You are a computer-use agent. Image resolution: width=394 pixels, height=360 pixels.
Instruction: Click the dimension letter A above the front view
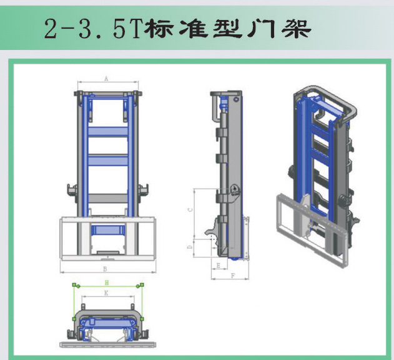pos(106,79)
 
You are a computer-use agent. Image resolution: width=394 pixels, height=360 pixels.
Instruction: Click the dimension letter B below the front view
pos(104,269)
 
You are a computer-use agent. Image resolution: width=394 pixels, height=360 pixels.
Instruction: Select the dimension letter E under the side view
pos(217,266)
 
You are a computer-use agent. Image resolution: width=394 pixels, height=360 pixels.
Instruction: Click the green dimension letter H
pos(106,283)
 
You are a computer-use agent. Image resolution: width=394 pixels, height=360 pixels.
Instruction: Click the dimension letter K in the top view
pos(106,292)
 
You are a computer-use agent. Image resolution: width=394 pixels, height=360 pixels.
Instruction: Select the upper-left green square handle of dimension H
pos(76,285)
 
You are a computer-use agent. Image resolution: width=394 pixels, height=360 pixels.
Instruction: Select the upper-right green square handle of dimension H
pos(137,285)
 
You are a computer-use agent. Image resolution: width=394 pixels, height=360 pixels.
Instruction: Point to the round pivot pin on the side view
pos(233,191)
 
